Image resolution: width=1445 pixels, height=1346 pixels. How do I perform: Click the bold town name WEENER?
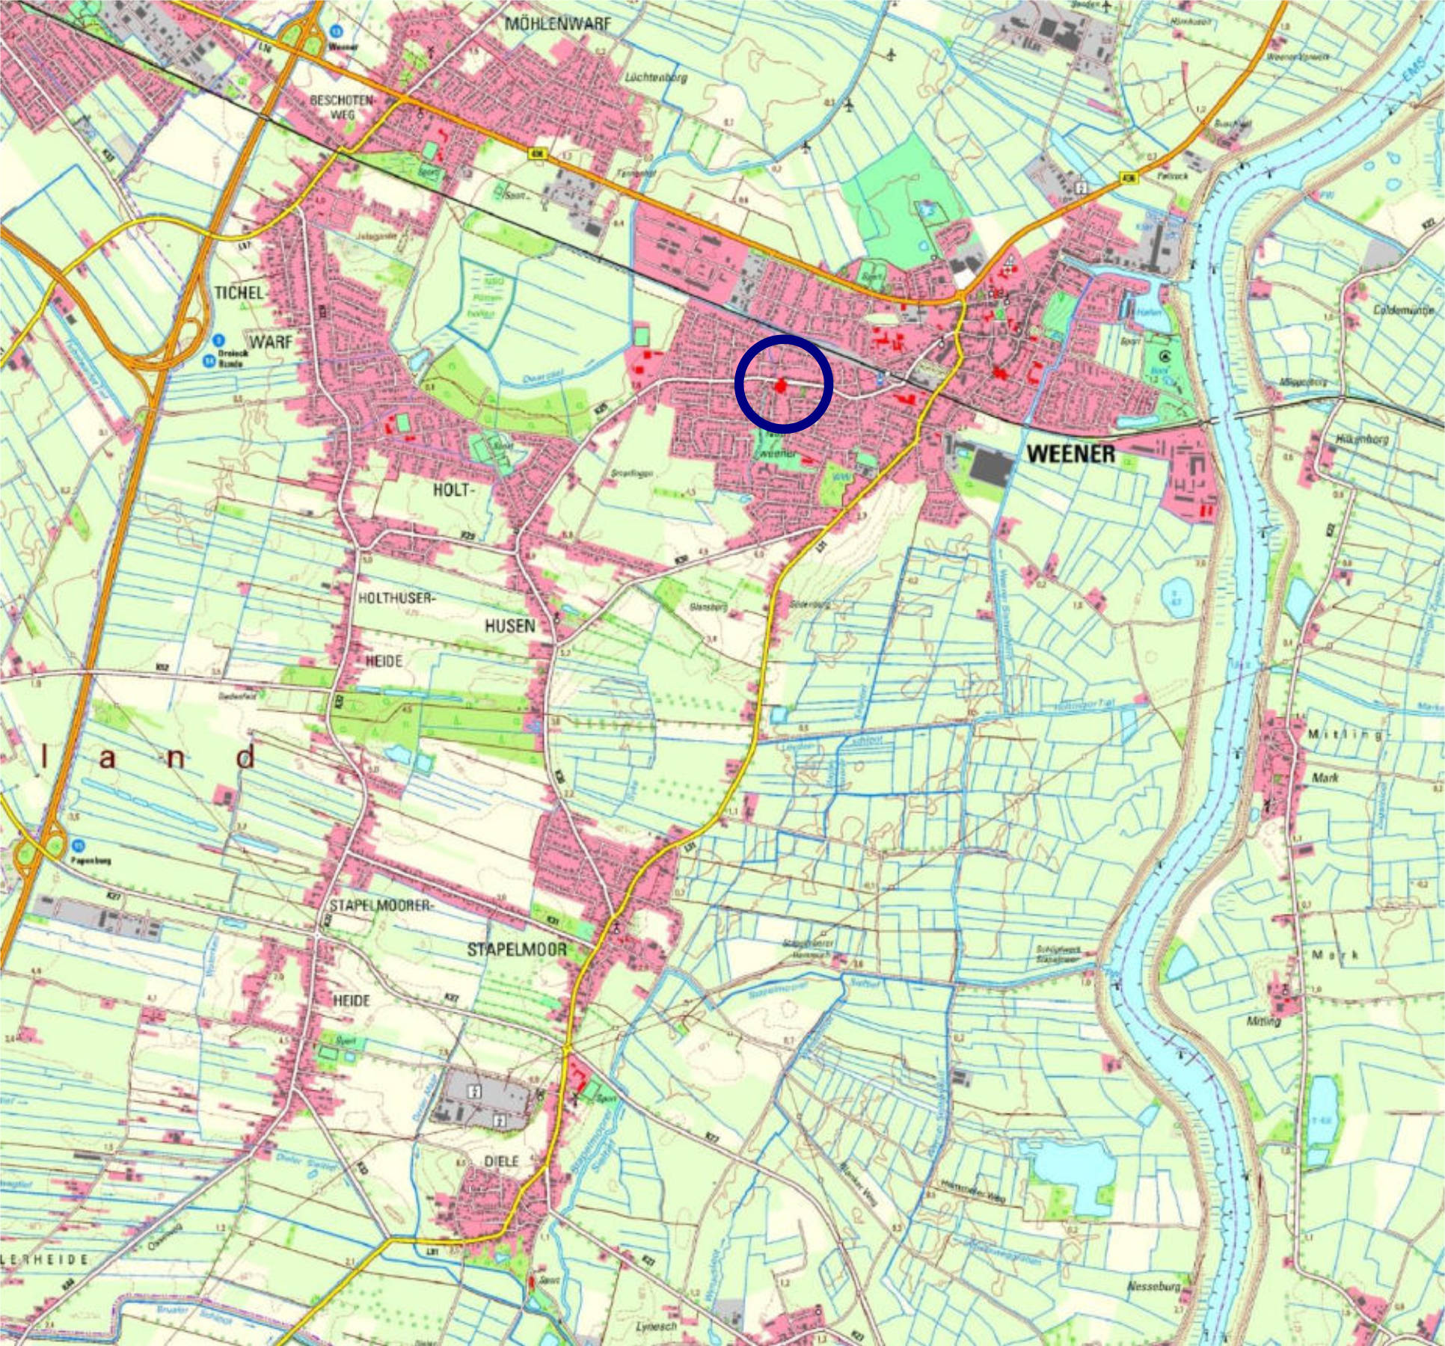coord(1070,453)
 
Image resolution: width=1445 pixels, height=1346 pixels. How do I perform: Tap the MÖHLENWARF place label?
coord(557,24)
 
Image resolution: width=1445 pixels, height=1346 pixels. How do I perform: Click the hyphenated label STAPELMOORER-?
coord(381,906)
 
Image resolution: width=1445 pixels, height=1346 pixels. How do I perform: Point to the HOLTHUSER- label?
coord(396,598)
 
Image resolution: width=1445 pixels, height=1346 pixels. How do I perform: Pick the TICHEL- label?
coord(240,293)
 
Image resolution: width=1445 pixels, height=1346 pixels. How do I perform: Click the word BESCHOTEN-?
coord(345,99)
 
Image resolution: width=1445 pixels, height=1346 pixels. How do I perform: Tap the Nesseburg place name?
coord(1153,1286)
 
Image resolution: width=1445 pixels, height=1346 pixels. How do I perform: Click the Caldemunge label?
coord(1404,309)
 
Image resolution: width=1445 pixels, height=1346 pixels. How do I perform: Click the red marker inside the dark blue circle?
coord(781,386)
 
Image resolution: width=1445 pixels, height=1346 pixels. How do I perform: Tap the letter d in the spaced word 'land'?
coord(245,758)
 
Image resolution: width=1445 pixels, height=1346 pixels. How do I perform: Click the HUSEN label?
coord(509,625)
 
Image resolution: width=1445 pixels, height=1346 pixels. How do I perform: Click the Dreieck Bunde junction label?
coord(233,360)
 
